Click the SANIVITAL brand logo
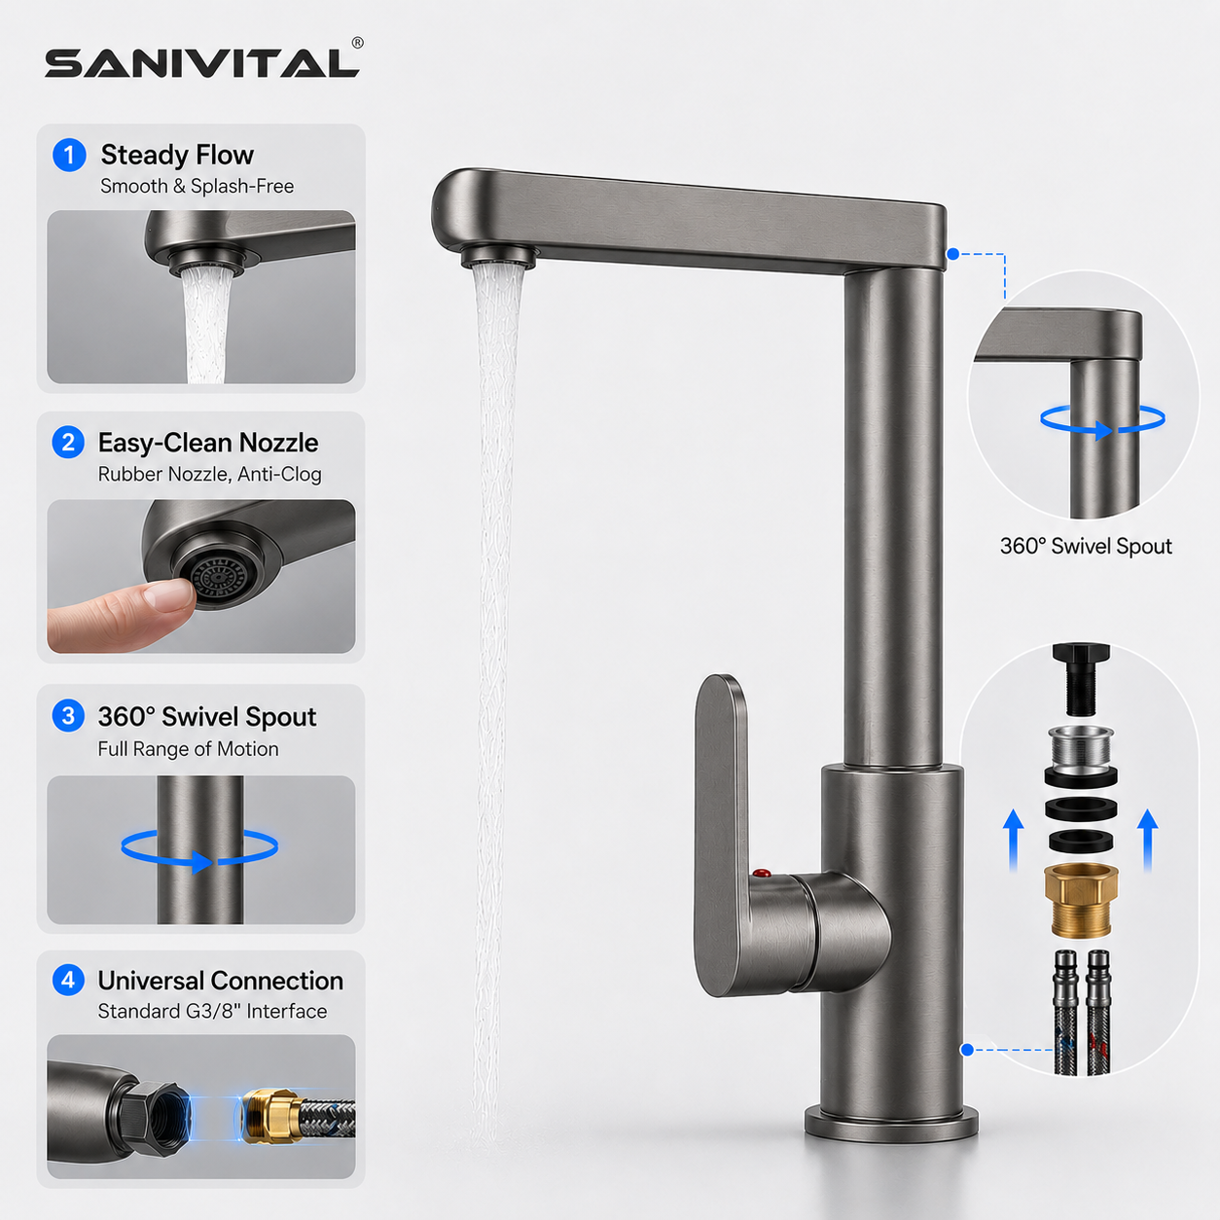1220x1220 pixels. (202, 62)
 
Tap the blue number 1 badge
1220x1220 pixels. (70, 155)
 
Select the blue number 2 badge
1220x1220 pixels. (68, 442)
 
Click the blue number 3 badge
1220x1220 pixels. (68, 716)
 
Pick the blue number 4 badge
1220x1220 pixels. (68, 980)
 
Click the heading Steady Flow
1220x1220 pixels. (177, 155)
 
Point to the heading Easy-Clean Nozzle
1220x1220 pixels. (208, 443)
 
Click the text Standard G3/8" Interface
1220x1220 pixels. (212, 1011)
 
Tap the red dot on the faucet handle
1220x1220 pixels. (762, 874)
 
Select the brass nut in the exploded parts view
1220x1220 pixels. (1081, 900)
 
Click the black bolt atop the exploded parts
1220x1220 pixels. (1081, 679)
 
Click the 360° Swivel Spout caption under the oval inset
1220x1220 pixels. (1086, 546)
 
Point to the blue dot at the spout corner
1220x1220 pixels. (952, 254)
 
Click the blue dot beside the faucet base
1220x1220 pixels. (967, 1050)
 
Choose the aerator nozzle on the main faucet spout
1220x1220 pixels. (499, 257)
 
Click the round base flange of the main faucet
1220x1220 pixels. (891, 1123)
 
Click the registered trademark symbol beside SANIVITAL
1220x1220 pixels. (358, 43)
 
